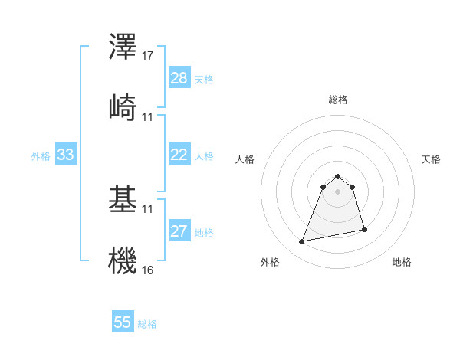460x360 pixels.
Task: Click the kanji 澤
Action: click(123, 47)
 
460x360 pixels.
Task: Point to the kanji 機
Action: click(123, 258)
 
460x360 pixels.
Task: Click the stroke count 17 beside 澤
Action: click(148, 57)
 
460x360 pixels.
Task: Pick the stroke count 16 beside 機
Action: click(148, 270)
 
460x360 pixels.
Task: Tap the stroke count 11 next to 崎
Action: click(148, 116)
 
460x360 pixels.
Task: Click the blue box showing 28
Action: click(179, 78)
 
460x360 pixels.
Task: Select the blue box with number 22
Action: click(179, 155)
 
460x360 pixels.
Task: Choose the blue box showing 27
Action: click(179, 231)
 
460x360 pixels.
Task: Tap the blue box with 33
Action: click(65, 155)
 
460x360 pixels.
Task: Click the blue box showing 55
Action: click(123, 322)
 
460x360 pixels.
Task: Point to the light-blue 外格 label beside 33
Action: click(41, 155)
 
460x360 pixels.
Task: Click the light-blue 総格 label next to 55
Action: click(147, 324)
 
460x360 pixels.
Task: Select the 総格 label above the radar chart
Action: click(338, 100)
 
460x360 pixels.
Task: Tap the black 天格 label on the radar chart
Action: click(432, 159)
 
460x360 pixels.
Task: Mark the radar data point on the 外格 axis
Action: click(302, 242)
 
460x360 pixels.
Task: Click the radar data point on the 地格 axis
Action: click(364, 230)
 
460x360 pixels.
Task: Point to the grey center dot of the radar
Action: click(338, 191)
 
